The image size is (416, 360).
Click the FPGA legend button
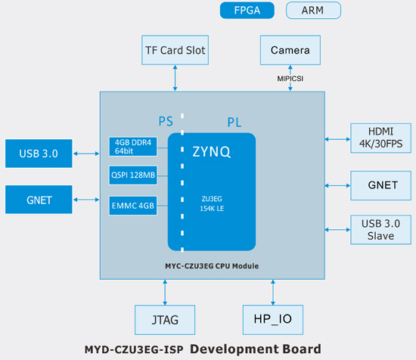tap(247, 11)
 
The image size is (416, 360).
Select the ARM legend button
tap(313, 11)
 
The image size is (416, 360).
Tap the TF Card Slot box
tap(175, 50)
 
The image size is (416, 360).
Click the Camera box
tap(290, 50)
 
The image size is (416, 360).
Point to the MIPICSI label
tap(290, 79)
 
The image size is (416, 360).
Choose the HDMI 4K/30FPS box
tap(380, 138)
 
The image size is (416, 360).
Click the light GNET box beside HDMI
tap(380, 185)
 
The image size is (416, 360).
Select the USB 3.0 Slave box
tap(380, 229)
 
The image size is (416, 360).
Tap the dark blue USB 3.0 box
tap(39, 154)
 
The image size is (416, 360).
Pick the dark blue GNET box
tap(39, 200)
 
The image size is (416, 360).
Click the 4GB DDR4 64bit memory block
tap(133, 147)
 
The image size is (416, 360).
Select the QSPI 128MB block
tap(133, 175)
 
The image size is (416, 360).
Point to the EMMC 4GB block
tap(133, 206)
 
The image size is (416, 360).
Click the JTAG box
tap(165, 320)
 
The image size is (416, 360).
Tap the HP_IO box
tap(273, 320)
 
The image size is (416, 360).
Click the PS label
tap(166, 122)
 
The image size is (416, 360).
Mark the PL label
tap(234, 123)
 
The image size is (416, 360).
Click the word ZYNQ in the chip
tap(212, 152)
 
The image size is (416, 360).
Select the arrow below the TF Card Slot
tap(175, 78)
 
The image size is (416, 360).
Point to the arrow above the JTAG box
tap(165, 293)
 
